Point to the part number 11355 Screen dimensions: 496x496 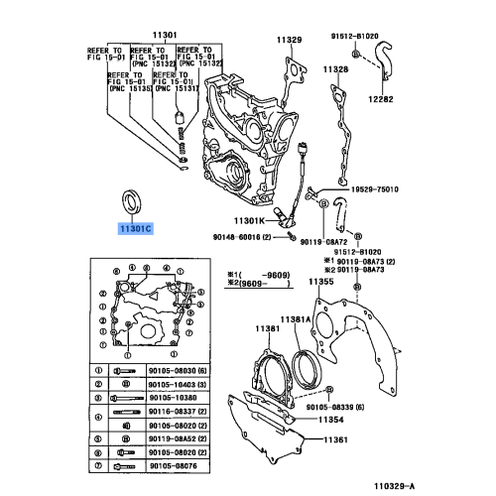point(321,283)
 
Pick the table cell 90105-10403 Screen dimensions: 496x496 point(180,383)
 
